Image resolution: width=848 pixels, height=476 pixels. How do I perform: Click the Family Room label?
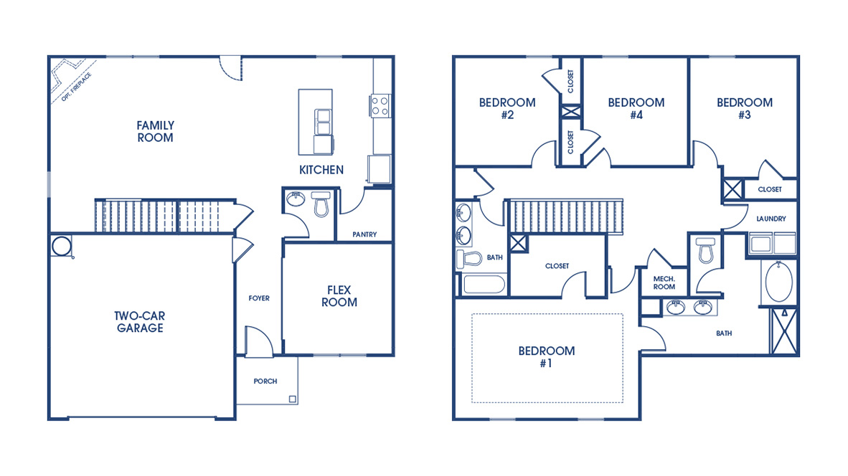coord(156,131)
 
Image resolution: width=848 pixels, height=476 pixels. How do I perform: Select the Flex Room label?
coord(339,296)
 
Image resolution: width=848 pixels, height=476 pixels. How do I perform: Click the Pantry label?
coord(364,234)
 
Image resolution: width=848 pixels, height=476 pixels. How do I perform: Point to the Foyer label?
coord(259,298)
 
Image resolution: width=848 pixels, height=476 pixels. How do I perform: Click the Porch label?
coord(265,381)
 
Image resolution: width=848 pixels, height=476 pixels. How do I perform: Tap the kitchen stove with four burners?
coord(380,106)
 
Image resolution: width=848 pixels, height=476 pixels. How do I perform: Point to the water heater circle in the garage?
coord(62,246)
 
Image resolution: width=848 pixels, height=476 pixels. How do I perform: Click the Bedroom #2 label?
coord(507,108)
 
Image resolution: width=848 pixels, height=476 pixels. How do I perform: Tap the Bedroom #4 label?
coord(636,108)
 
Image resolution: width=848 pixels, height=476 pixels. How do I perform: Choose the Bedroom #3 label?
coord(745,108)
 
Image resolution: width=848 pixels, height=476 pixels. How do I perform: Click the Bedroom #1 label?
coord(547,357)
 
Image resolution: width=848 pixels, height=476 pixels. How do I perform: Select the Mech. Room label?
coord(664,282)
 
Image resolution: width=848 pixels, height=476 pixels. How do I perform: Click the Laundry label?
coord(771,219)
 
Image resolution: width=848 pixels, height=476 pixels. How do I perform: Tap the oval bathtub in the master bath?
coord(778,283)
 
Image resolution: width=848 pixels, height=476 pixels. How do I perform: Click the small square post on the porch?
coord(292,399)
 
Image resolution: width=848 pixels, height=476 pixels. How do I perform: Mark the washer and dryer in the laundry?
coord(772,244)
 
